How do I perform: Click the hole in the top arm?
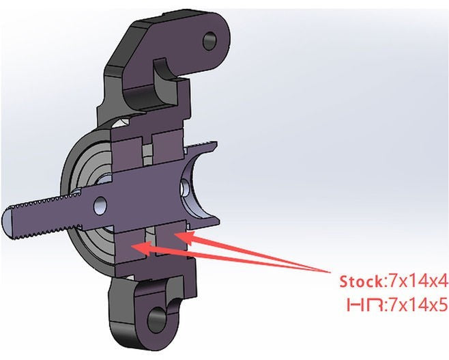click(x=210, y=41)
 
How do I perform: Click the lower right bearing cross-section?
click(x=171, y=240)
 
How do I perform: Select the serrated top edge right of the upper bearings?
click(x=201, y=145)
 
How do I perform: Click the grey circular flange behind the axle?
click(x=86, y=201)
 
